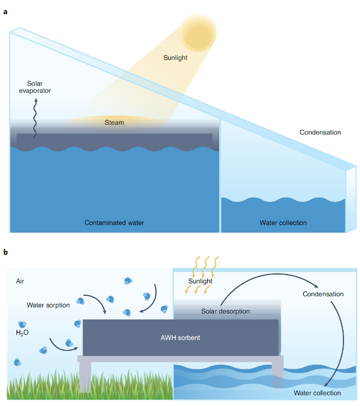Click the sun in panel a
point(199,31)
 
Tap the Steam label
point(114,123)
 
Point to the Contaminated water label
point(114,223)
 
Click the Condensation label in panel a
point(320,132)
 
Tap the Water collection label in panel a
point(283,223)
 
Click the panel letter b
point(6,252)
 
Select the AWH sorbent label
point(179,338)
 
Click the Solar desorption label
point(225,311)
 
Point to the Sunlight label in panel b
point(200,281)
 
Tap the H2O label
point(22,333)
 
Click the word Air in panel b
point(20,281)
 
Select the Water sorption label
point(48,305)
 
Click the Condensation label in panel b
point(323,294)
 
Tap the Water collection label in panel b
point(317,393)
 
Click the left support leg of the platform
point(85,377)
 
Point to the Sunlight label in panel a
point(175,58)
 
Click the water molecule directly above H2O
point(22,324)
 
